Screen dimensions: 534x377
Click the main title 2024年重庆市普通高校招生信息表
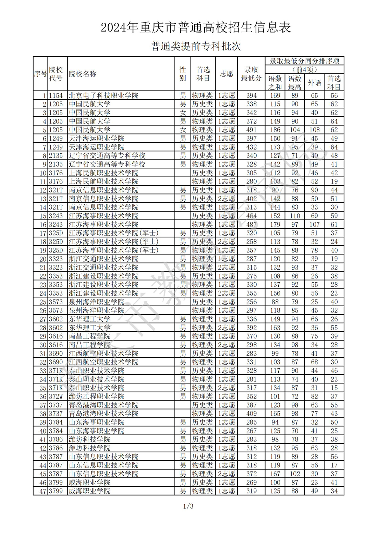[x=196, y=27]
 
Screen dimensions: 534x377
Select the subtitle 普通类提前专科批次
[x=196, y=46]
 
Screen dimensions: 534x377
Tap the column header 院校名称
[x=83, y=74]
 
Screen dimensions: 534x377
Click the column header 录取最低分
[x=251, y=74]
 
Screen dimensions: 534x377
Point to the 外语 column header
[x=314, y=83]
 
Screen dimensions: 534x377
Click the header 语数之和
[x=275, y=83]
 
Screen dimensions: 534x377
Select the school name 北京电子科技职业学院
[x=104, y=96]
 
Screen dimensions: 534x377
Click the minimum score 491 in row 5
[x=251, y=130]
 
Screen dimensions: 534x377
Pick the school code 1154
[x=56, y=96]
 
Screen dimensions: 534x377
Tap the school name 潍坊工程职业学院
[x=97, y=396]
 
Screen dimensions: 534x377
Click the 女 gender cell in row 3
[x=183, y=113]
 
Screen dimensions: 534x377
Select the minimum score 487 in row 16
[x=251, y=225]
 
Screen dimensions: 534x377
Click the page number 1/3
[x=188, y=506]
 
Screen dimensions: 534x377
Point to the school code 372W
[x=56, y=396]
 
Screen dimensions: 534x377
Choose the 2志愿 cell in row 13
[x=227, y=199]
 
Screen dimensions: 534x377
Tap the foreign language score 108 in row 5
[x=314, y=130]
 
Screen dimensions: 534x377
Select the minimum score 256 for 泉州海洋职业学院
[x=251, y=302]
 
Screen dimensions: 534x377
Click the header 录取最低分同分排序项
[x=304, y=61]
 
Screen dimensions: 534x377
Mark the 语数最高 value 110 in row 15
[x=295, y=216]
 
